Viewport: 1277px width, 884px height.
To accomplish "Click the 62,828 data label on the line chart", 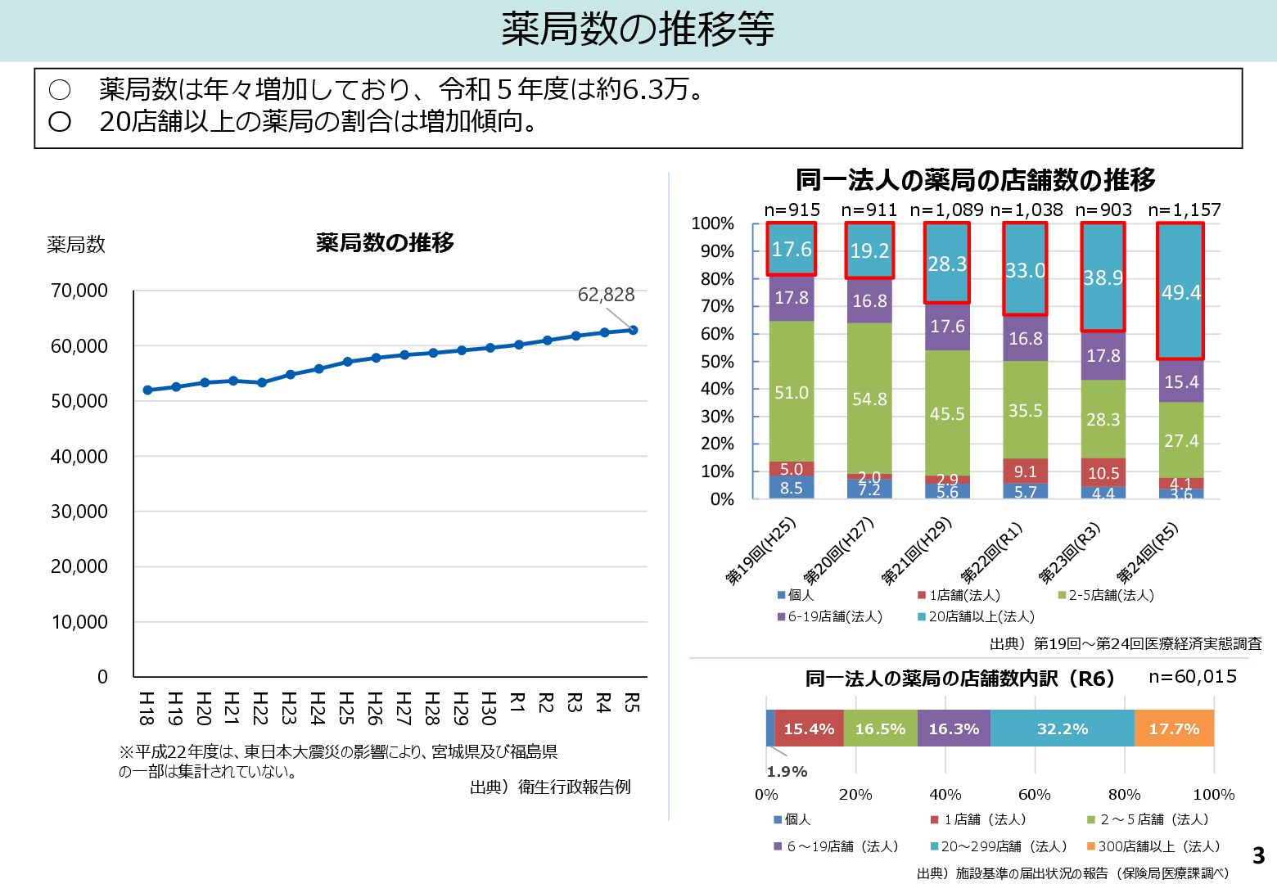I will pos(606,295).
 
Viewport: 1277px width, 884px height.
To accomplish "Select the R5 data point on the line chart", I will pos(633,330).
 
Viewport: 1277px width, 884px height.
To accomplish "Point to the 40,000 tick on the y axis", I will pos(79,457).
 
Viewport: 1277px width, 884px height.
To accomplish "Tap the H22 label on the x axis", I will pos(260,708).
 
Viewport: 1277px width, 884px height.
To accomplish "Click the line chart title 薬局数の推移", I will pos(385,243).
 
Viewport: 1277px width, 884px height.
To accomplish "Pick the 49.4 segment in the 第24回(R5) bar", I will pos(1180,292).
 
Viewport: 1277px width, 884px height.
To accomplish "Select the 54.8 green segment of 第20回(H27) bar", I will pos(869,399).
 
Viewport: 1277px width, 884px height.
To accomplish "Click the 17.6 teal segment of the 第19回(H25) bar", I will pos(792,249).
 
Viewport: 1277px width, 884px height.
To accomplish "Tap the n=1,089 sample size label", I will pos(947,210).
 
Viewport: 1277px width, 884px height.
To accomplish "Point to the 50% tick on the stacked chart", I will pos(717,362).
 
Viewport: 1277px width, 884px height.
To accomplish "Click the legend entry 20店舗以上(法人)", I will pos(981,617).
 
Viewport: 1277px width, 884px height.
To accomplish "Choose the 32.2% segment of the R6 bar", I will pos(1063,728).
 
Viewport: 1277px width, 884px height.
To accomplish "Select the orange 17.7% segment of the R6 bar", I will pos(1174,728).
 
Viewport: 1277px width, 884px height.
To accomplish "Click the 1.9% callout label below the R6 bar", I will pos(787,772).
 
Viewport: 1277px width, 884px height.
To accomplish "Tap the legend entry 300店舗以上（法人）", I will pos(1158,846).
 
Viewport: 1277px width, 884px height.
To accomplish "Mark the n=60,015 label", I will pos(1192,677).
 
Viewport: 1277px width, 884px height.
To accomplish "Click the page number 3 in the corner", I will pos(1258,856).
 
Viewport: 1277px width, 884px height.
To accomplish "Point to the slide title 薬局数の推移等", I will pos(638,29).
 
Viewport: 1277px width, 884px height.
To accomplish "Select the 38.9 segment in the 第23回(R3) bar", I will pos(1103,277).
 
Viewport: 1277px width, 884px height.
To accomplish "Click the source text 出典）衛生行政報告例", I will pos(550,787).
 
